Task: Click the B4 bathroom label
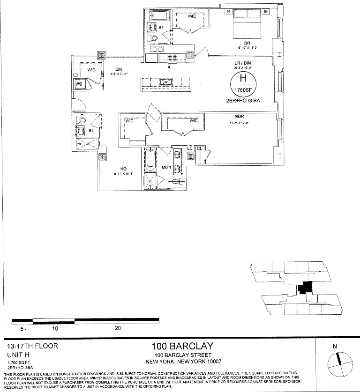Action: [x=161, y=28]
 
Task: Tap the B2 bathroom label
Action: [x=92, y=131]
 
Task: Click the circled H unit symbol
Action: [x=243, y=79]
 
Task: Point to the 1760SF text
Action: [x=243, y=90]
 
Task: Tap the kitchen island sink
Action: [x=166, y=83]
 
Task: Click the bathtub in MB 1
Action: [x=150, y=161]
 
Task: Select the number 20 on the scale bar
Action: [x=118, y=328]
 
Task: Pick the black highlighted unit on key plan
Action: [x=306, y=287]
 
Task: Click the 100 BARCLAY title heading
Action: [x=182, y=347]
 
